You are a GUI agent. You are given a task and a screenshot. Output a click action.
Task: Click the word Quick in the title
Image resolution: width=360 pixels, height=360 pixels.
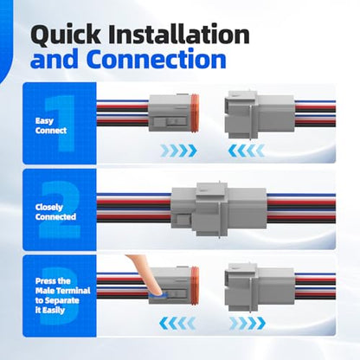click(66, 35)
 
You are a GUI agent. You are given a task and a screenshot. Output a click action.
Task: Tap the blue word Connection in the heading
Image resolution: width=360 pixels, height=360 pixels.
click(157, 60)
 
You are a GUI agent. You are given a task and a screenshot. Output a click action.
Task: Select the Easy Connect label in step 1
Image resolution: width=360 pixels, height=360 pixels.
click(51, 125)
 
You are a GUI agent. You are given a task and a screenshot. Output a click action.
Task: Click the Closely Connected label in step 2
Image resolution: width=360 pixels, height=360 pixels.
click(55, 212)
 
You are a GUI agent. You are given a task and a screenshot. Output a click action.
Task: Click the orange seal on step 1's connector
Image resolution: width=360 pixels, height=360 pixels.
click(195, 113)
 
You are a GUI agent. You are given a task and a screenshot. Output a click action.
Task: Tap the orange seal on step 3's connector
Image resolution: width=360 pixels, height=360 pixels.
click(195, 286)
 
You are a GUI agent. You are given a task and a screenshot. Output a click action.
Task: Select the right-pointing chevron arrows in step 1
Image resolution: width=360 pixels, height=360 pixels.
click(179, 151)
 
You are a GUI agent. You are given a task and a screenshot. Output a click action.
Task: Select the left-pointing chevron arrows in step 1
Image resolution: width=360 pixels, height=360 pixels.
click(247, 151)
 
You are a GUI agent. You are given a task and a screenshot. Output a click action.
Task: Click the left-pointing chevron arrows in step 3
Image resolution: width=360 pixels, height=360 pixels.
click(177, 323)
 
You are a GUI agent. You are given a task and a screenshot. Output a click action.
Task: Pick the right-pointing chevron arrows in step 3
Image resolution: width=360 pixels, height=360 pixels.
click(247, 323)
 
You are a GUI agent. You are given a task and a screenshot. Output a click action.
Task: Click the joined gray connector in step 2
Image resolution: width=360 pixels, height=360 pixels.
click(219, 209)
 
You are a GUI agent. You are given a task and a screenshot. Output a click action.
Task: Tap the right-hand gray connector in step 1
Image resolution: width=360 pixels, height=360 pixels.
click(260, 114)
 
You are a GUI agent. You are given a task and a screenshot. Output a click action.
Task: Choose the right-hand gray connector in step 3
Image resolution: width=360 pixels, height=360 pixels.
click(260, 287)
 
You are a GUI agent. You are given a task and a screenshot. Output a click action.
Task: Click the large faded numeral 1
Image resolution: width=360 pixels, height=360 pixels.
click(60, 124)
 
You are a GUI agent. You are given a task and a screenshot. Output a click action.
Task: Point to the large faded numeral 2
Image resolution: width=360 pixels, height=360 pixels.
click(59, 209)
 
